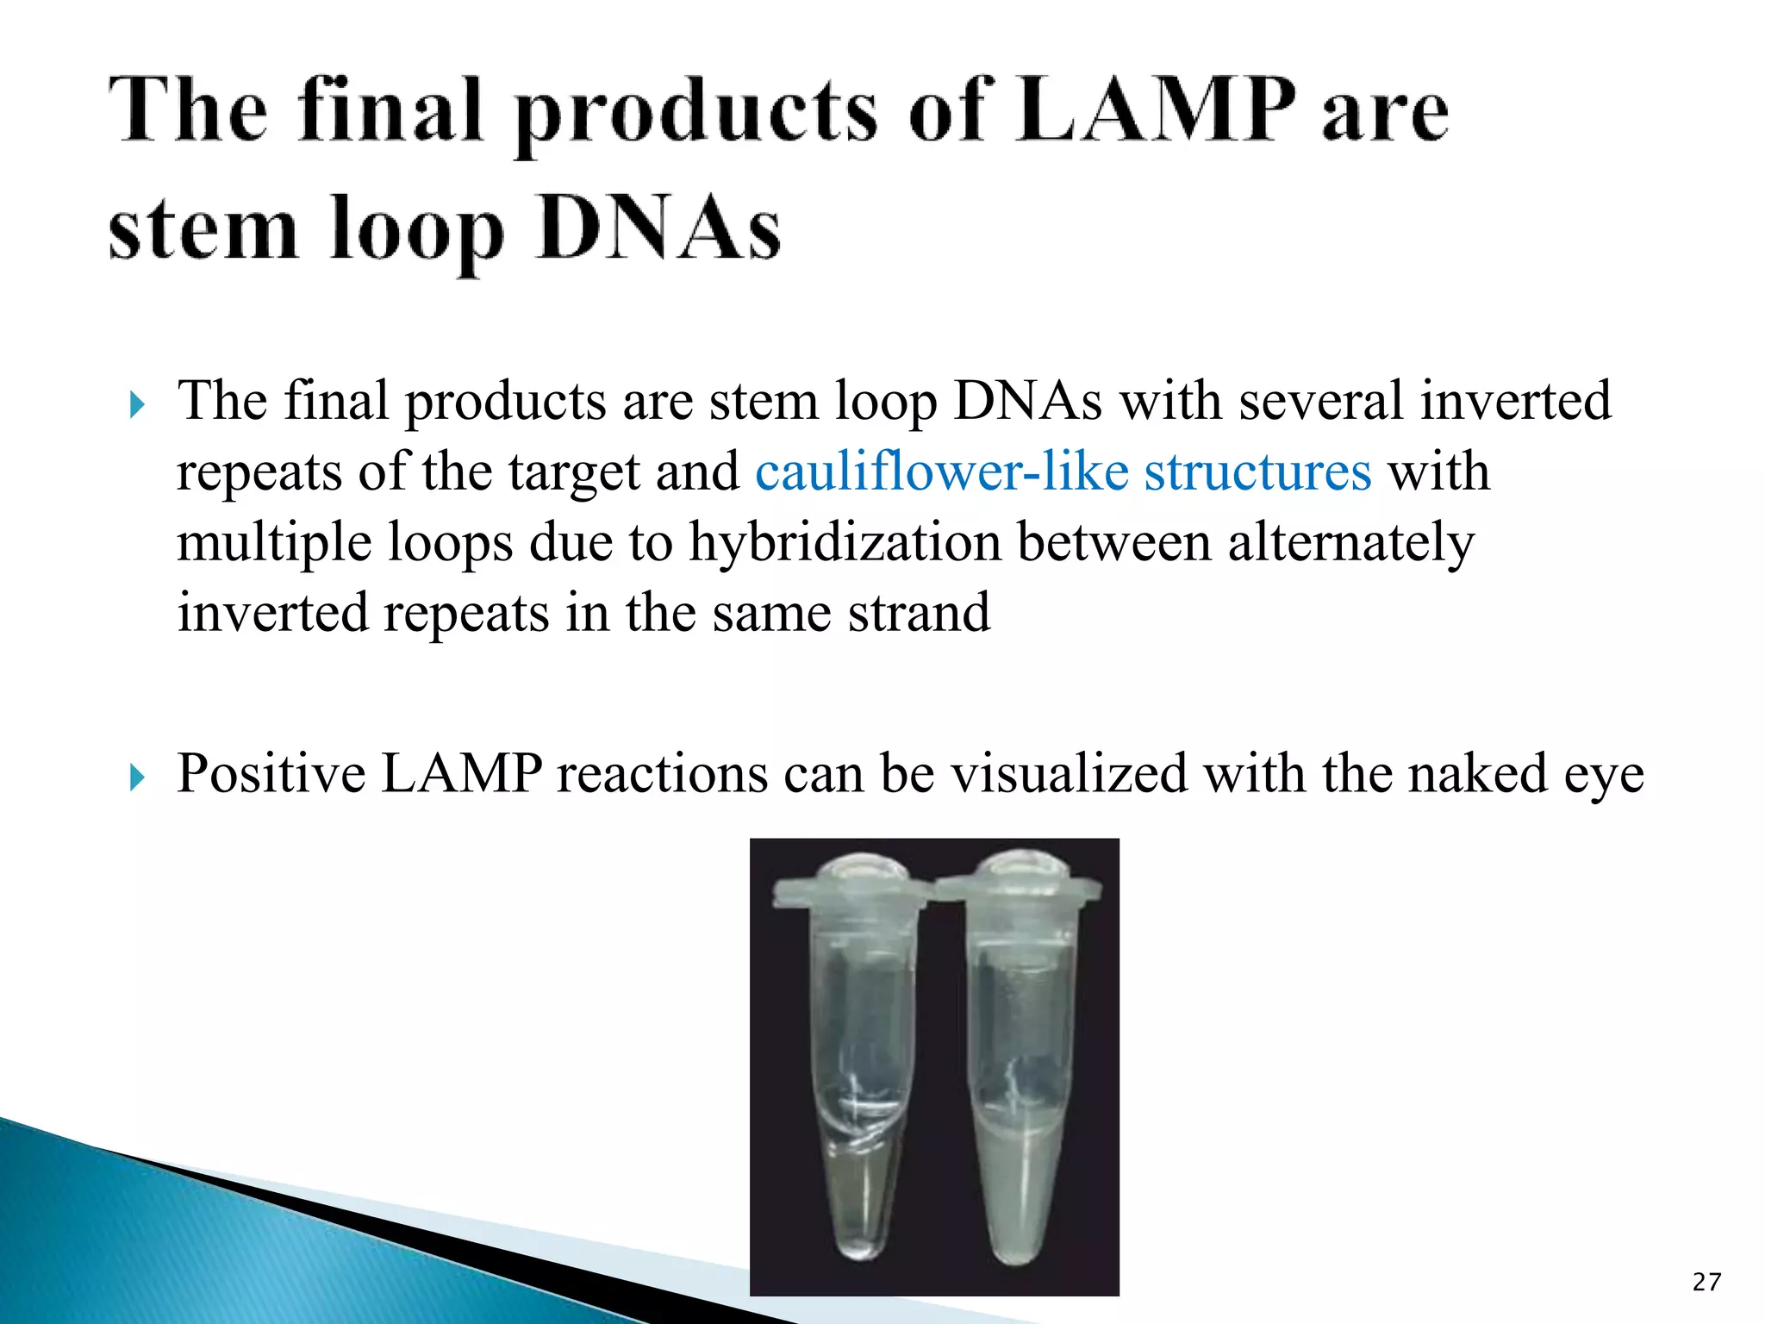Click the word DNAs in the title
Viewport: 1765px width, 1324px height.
659,229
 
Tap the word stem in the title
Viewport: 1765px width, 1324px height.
203,229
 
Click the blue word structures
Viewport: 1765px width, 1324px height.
1257,472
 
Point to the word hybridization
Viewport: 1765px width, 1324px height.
845,542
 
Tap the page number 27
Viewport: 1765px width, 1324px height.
1706,1282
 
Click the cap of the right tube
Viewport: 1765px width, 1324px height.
1017,884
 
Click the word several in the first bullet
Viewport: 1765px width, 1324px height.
1321,401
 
